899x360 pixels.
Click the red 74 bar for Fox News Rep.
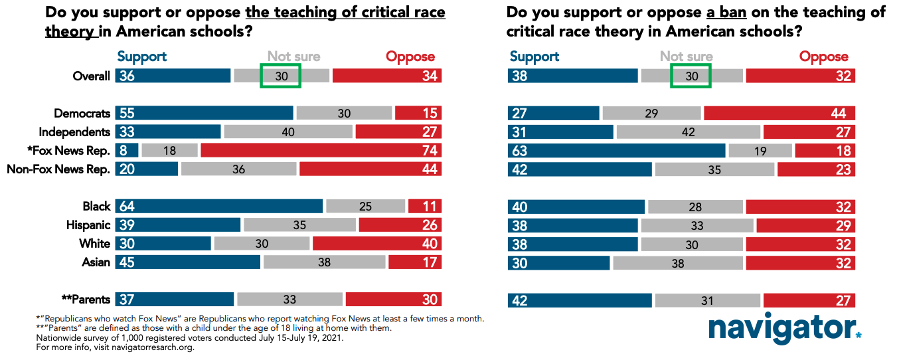pos(321,150)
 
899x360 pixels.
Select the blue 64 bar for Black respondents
pos(218,207)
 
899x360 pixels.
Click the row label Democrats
pos(82,114)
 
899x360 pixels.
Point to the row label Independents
pos(74,132)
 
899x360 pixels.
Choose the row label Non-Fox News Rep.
pos(58,169)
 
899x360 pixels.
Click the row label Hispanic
pos(88,225)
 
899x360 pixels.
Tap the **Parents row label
pos(85,300)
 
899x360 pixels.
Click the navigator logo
pos(784,329)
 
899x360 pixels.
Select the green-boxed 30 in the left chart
pos(280,76)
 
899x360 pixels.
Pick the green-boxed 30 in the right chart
pos(691,76)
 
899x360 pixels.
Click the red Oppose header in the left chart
pos(410,57)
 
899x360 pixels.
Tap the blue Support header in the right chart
pos(534,57)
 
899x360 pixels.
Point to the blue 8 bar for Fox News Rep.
pos(127,150)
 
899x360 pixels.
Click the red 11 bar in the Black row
pos(425,207)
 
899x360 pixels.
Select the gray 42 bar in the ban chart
pos(688,132)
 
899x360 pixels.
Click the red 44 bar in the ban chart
pos(779,114)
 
